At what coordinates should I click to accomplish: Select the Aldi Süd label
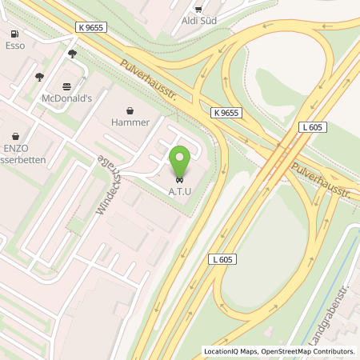197,20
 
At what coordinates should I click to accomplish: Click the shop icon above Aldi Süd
198,8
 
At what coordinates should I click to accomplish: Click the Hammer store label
130,122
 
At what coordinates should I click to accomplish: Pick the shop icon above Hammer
130,110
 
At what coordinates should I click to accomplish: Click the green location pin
179,159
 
